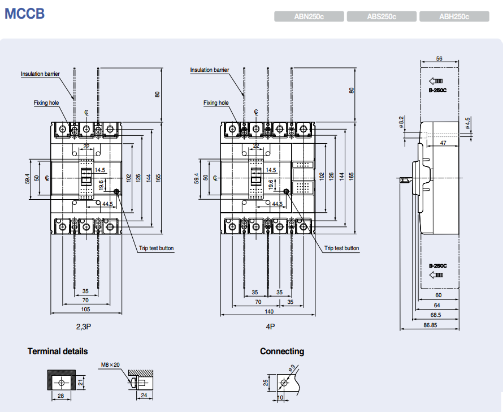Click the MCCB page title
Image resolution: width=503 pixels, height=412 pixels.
24,14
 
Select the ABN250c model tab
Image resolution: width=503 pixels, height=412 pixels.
309,17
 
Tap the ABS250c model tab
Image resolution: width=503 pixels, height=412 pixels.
381,17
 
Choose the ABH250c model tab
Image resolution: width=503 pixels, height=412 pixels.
454,17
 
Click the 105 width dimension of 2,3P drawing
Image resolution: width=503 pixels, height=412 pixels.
85,310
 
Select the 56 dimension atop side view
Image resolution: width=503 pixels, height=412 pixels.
439,58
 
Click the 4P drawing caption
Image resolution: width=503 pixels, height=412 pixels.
270,327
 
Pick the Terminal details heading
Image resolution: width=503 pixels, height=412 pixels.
58,351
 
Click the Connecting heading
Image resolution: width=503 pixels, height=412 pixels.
281,351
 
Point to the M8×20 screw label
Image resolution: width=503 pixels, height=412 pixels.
110,364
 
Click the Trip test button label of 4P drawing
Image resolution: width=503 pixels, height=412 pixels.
341,248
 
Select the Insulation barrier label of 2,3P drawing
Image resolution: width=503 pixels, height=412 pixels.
40,74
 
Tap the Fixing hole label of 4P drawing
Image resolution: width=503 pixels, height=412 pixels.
216,102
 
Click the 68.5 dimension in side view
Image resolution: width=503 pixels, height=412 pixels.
435,315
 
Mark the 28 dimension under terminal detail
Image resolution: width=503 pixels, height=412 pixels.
60,396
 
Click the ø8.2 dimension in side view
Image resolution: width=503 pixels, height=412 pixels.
401,122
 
